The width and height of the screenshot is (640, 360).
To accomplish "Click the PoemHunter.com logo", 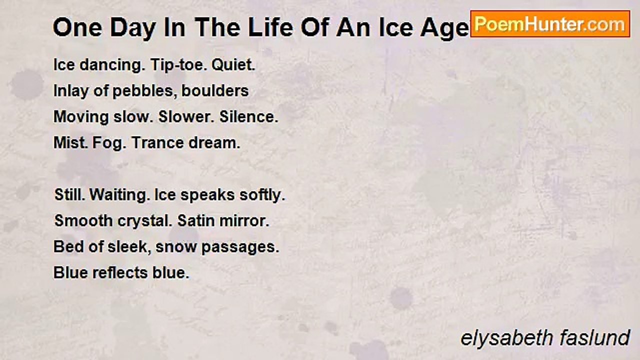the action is coord(550,24).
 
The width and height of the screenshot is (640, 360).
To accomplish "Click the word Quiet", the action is coord(233,65).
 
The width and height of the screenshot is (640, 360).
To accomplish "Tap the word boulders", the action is coord(215,91).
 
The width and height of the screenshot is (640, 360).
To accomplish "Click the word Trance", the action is coord(157,143).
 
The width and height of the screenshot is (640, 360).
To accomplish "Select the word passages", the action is coord(240,247).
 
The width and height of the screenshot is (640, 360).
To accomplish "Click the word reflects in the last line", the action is coord(120,272).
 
